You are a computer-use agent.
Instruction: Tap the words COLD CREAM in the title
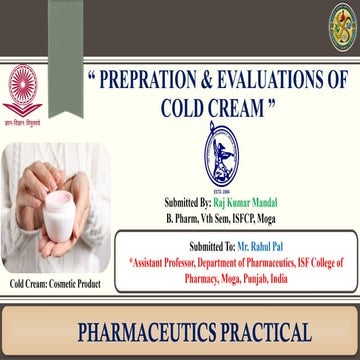[207, 105]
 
